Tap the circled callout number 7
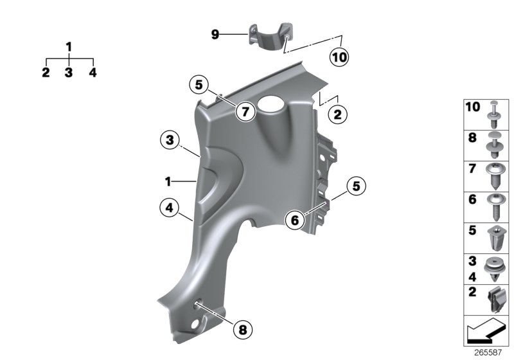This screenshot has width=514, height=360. coord(244,112)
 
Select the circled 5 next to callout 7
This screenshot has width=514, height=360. coord(199,84)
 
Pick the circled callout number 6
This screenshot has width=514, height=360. coord(295,220)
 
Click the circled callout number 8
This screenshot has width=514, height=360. coord(242,330)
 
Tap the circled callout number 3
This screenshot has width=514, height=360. coord(169,139)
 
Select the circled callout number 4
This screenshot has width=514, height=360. coord(169,208)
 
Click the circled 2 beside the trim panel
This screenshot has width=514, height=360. coord(337,115)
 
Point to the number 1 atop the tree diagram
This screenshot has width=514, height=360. coord(69,47)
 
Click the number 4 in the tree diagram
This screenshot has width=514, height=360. coord(93,73)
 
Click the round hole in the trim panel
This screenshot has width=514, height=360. coord(270,104)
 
